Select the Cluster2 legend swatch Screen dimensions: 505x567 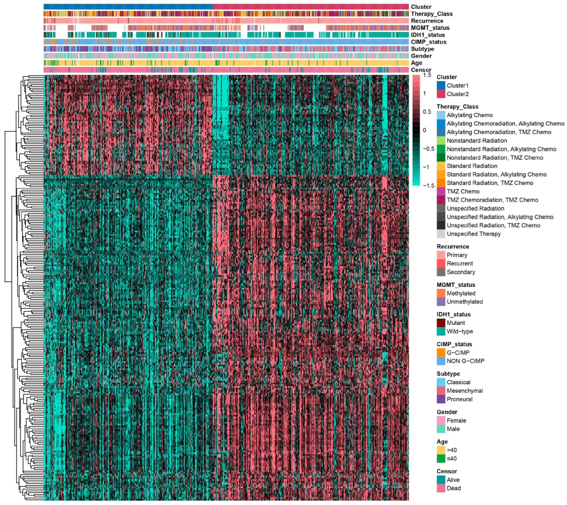(441, 94)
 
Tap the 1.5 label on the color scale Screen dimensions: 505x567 (427, 75)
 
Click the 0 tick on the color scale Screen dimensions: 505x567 (425, 130)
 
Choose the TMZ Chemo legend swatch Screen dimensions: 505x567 (441, 191)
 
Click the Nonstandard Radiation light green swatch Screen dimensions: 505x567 (441, 141)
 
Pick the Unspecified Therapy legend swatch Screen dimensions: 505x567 (441, 234)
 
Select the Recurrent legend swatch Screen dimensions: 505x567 (441, 263)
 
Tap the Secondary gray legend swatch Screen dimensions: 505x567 (441, 272)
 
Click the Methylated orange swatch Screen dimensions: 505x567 (441, 293)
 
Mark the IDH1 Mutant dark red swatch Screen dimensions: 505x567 (441, 323)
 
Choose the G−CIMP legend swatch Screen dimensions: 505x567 (441, 352)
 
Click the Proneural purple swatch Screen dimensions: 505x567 (441, 399)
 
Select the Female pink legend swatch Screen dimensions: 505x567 (441, 420)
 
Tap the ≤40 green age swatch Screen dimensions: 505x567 (441, 459)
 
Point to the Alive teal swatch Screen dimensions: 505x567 (441, 480)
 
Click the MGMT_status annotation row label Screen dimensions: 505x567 (430, 28)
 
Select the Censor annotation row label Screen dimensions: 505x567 (421, 70)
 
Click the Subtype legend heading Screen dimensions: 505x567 (448, 374)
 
